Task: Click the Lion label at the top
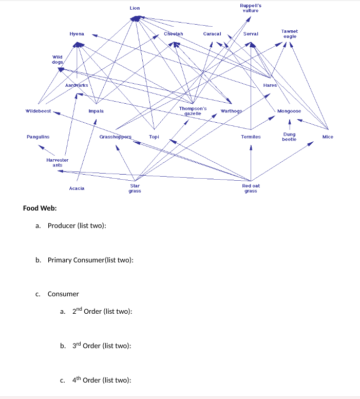click(x=135, y=8)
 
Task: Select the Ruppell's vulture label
click(x=250, y=8)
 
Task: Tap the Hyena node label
click(x=77, y=34)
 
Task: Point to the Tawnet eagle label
click(x=290, y=34)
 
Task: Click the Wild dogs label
click(x=57, y=59)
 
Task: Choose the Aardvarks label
click(x=77, y=84)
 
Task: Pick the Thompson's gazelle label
click(x=193, y=111)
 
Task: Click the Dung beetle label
click(x=289, y=137)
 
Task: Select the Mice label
click(x=328, y=137)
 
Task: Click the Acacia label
click(x=77, y=188)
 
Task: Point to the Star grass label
click(x=135, y=188)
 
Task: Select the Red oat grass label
click(x=251, y=188)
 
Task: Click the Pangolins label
click(x=38, y=137)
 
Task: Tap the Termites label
click(x=251, y=137)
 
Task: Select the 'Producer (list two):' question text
click(x=77, y=226)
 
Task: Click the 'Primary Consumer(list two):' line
click(x=90, y=260)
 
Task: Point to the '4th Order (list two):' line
click(x=102, y=380)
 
